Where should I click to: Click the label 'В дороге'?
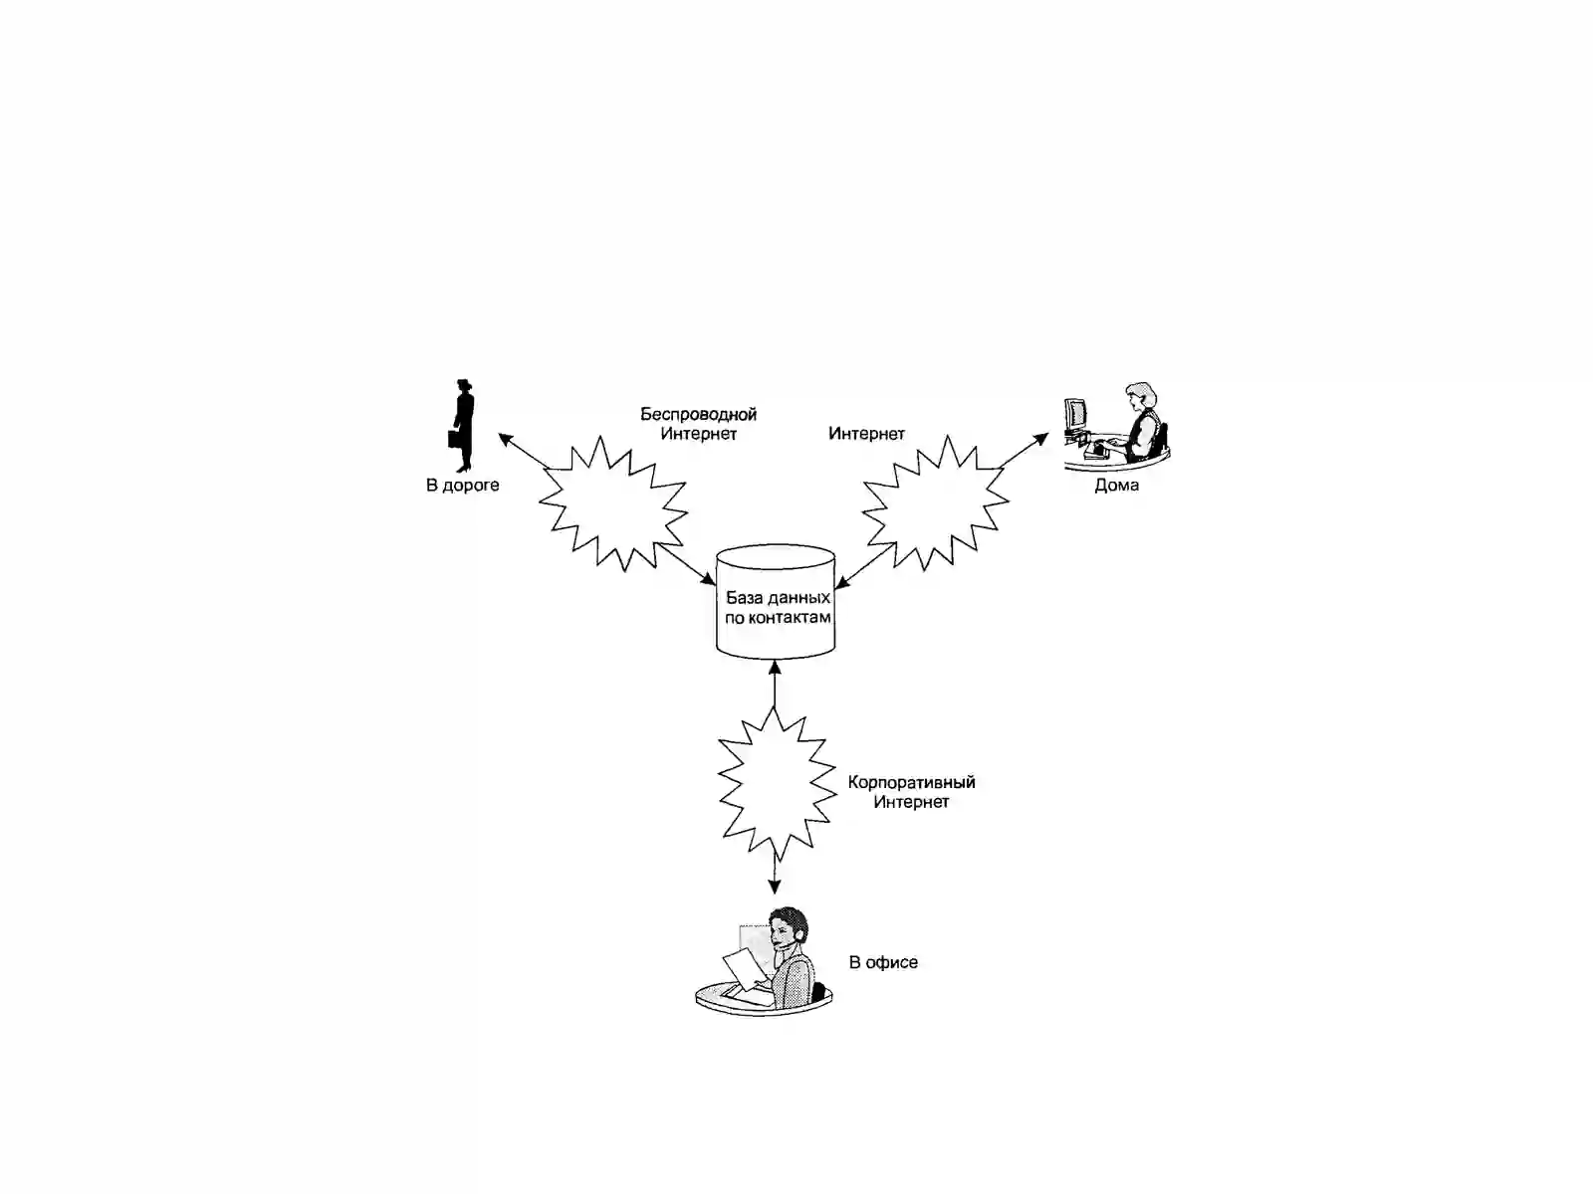point(462,485)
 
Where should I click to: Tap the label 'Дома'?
point(1116,485)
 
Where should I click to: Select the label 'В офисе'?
point(883,962)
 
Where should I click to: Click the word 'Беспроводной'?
point(698,415)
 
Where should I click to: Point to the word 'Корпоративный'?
point(912,783)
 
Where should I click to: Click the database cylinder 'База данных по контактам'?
point(775,602)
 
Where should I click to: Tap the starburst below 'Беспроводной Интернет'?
point(613,503)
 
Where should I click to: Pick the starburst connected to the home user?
point(936,502)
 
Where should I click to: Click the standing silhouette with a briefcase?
point(463,426)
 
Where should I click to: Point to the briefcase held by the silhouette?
point(453,439)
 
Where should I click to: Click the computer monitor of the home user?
point(1075,414)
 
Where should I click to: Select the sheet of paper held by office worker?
point(744,969)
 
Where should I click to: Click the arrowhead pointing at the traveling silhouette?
point(506,439)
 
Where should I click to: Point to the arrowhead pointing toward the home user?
point(1041,439)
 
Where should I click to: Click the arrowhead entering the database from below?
point(775,667)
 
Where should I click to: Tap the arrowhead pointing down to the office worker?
point(775,887)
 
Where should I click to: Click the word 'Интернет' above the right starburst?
point(866,434)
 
